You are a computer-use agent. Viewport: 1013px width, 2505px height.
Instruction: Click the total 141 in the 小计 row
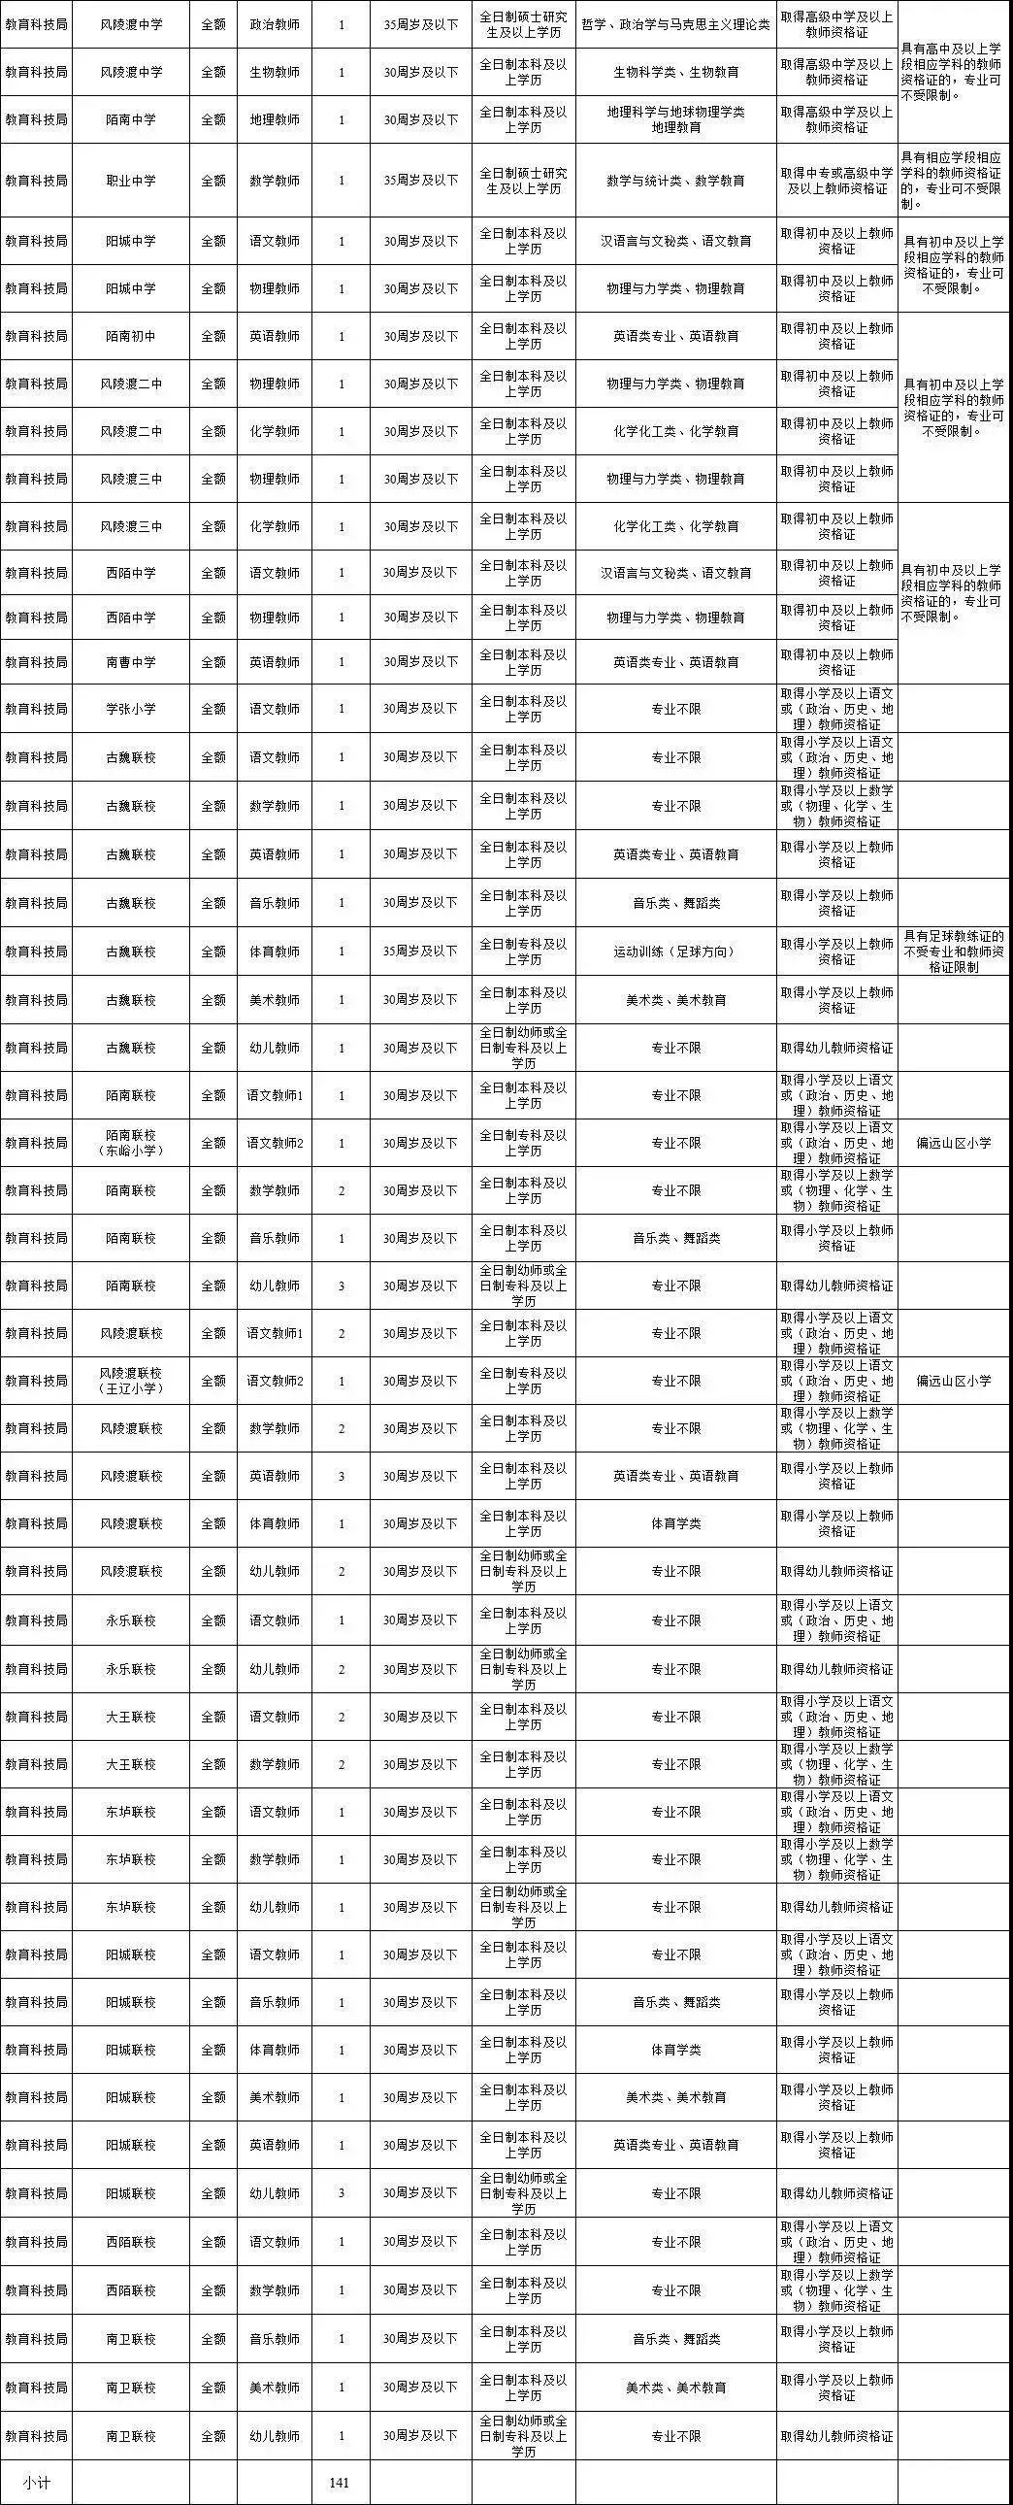pos(340,2482)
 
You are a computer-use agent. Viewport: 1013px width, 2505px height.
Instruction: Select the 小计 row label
pos(35,2482)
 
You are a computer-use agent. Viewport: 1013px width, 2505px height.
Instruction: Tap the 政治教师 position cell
pos(275,23)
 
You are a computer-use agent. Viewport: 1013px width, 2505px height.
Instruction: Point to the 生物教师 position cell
pos(275,72)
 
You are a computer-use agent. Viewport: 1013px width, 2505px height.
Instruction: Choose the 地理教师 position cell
pos(275,119)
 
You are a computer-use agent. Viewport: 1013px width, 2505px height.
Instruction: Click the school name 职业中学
pos(130,180)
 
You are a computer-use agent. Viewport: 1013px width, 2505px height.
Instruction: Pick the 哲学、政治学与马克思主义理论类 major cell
pos(674,23)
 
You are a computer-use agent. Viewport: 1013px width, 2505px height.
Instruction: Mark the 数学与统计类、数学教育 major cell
pos(674,180)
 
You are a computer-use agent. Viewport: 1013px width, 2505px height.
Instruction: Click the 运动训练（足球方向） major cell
pos(674,952)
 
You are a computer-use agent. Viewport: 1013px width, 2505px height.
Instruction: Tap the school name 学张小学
pos(130,709)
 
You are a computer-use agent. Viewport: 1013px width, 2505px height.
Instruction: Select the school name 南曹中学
pos(130,662)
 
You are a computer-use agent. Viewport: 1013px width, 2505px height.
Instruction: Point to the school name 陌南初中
pos(130,336)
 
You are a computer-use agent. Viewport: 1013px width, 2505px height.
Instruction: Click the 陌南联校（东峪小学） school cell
pos(130,1143)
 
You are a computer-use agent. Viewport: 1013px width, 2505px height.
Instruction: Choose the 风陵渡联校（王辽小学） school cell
pos(130,1381)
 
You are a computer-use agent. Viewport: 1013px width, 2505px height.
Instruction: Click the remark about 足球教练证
pos(954,952)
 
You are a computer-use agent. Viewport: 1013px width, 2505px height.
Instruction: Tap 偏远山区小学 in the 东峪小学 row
pos(954,1143)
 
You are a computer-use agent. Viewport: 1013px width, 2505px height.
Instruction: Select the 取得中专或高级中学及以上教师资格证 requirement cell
pos(836,180)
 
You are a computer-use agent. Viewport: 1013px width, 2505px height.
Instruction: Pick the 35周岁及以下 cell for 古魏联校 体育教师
pos(420,952)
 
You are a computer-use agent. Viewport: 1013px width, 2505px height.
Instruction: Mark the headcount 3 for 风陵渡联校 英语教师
pos(342,1475)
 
